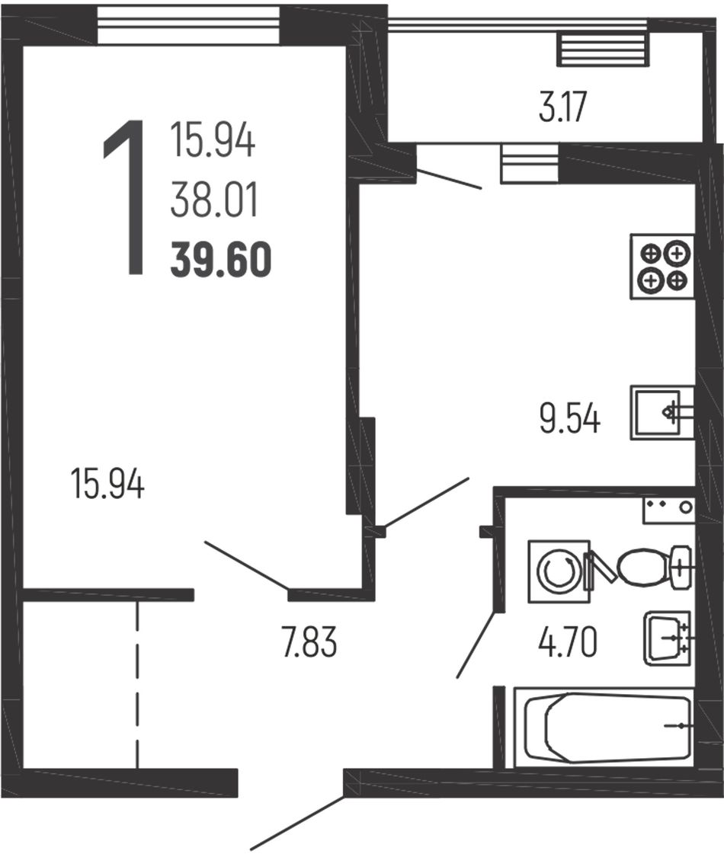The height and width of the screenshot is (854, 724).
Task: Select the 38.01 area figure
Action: (213, 200)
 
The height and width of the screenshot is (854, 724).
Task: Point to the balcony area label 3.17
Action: (562, 107)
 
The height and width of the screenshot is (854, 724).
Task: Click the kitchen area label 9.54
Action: (570, 420)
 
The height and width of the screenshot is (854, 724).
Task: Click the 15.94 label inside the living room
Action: (107, 485)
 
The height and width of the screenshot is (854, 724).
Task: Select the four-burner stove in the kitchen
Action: (662, 267)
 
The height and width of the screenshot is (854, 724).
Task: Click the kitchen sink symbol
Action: (662, 412)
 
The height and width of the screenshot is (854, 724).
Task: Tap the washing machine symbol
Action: (559, 571)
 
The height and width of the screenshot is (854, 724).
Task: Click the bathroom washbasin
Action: (668, 638)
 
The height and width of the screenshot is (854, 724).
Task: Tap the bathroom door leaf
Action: (476, 644)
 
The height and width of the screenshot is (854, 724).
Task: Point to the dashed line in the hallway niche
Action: (138, 683)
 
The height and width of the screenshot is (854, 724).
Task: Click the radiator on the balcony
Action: (603, 49)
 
